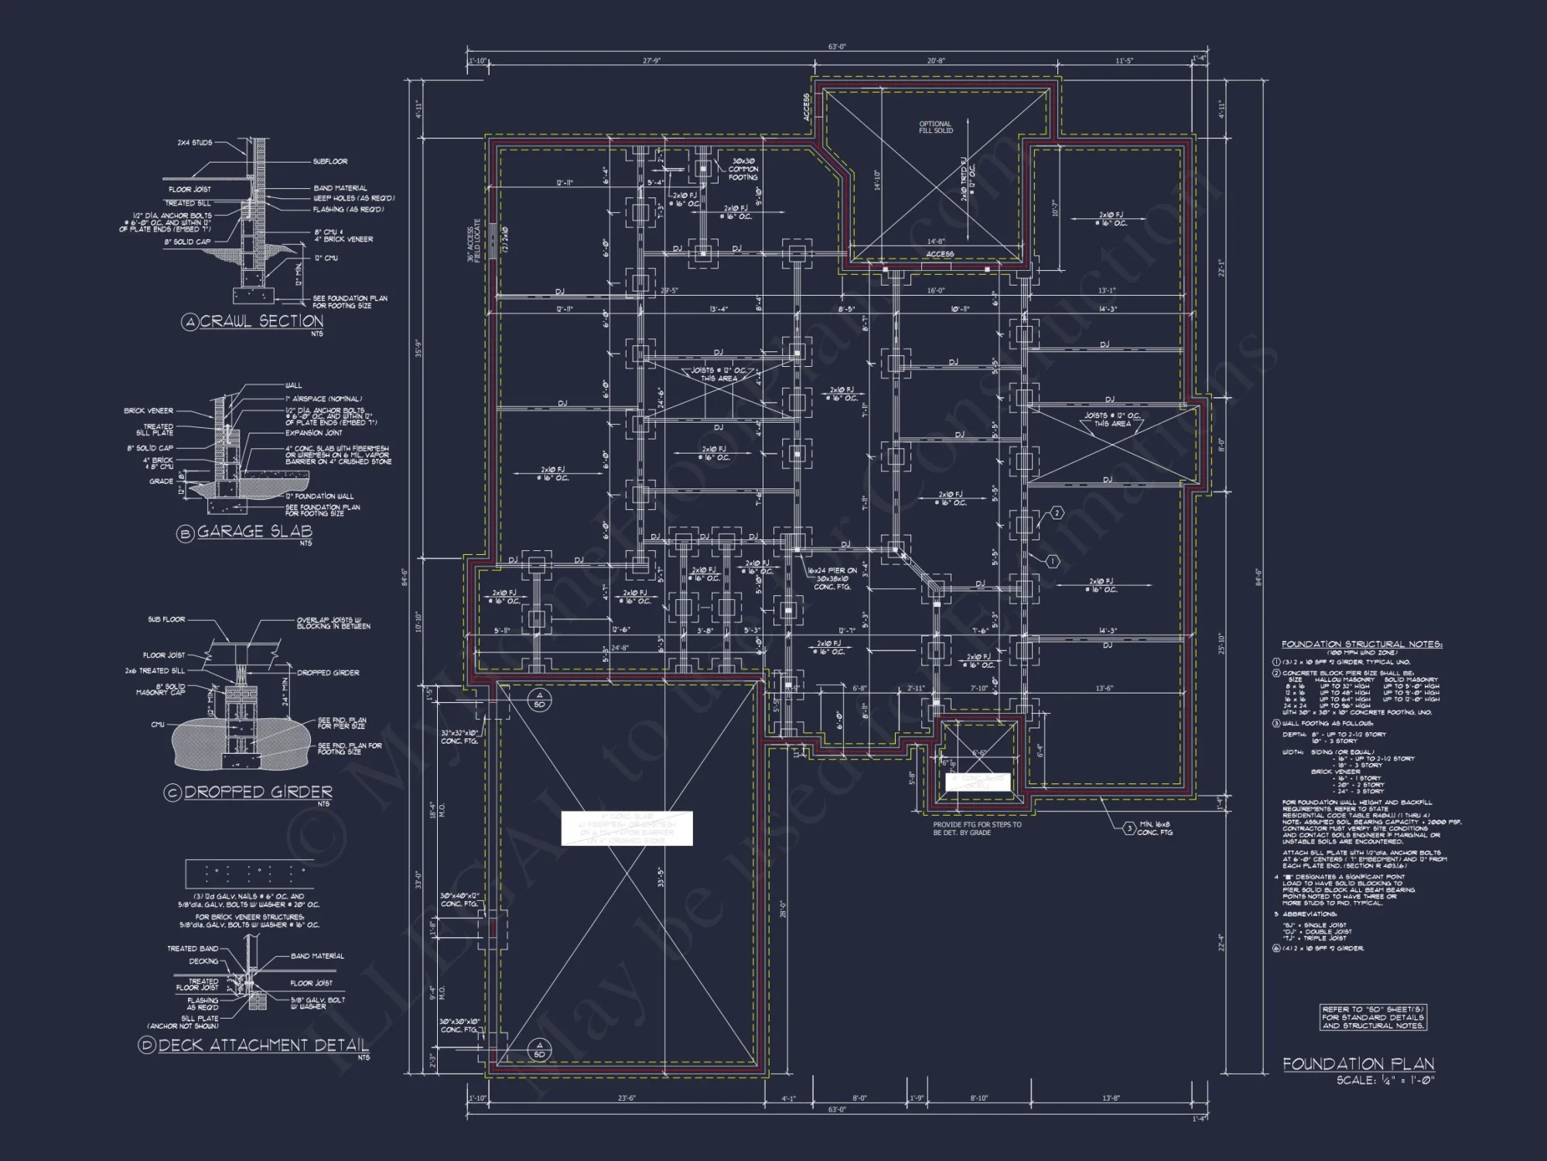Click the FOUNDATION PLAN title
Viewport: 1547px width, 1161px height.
pyautogui.click(x=1358, y=1064)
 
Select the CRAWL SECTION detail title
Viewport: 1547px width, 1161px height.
pyautogui.click(x=261, y=321)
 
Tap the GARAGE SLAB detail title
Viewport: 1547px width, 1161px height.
pyautogui.click(x=254, y=532)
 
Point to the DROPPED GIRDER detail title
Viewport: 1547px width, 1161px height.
pyautogui.click(x=258, y=792)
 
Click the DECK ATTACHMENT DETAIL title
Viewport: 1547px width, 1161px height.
pyautogui.click(x=263, y=1045)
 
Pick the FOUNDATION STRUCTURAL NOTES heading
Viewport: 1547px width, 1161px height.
pyautogui.click(x=1361, y=644)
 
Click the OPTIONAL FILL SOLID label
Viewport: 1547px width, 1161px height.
pyautogui.click(x=935, y=127)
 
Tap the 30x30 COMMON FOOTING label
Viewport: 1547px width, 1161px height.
pyautogui.click(x=743, y=170)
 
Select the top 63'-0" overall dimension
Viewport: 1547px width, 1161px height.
pyautogui.click(x=837, y=47)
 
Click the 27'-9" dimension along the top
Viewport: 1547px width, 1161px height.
pyautogui.click(x=651, y=60)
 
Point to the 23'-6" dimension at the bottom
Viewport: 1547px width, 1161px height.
pyautogui.click(x=627, y=1098)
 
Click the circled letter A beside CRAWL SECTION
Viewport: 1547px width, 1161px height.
pyautogui.click(x=190, y=323)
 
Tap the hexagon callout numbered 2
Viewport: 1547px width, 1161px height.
pyautogui.click(x=1057, y=513)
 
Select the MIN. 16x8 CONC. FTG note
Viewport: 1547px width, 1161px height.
pyautogui.click(x=1155, y=829)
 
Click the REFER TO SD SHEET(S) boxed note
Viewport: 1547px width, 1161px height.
pyautogui.click(x=1372, y=1017)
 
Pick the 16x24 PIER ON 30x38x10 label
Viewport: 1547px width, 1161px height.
pyautogui.click(x=832, y=578)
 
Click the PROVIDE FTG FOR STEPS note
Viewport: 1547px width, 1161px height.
pyautogui.click(x=977, y=828)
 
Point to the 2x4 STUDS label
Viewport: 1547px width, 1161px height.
pyautogui.click(x=194, y=142)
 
